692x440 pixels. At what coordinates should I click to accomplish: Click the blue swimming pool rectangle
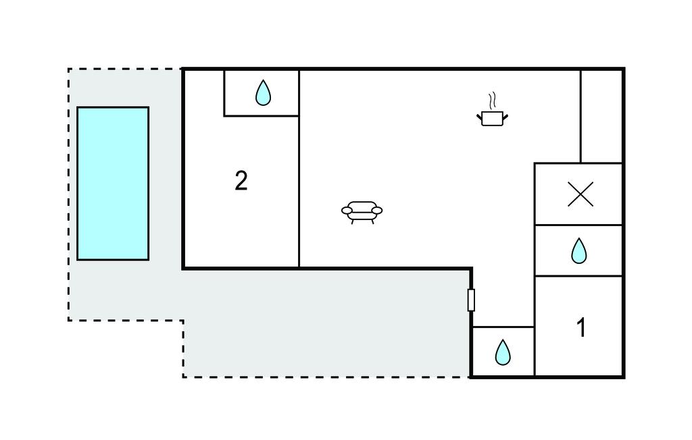[x=113, y=183]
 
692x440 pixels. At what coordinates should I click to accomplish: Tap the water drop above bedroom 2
[x=263, y=93]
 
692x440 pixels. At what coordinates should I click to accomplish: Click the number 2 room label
[x=241, y=181]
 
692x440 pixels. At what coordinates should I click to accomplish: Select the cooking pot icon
[x=493, y=119]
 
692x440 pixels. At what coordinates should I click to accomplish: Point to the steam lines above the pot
[x=494, y=101]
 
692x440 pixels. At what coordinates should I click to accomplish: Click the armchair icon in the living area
[x=362, y=211]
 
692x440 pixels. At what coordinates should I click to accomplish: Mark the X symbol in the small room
[x=580, y=194]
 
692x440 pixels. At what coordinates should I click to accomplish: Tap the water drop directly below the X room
[x=579, y=251]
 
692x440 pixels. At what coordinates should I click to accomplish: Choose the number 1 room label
[x=580, y=328]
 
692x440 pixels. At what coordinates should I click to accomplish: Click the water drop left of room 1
[x=503, y=352]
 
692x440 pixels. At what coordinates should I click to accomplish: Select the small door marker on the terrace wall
[x=471, y=300]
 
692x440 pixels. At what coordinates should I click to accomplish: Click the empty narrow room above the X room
[x=601, y=115]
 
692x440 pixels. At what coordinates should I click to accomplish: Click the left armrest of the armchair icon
[x=347, y=211]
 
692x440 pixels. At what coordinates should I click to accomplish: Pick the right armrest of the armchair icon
[x=377, y=211]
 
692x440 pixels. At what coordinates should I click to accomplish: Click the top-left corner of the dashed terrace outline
[x=68, y=69]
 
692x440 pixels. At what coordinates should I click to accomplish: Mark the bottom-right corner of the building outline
[x=623, y=377]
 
